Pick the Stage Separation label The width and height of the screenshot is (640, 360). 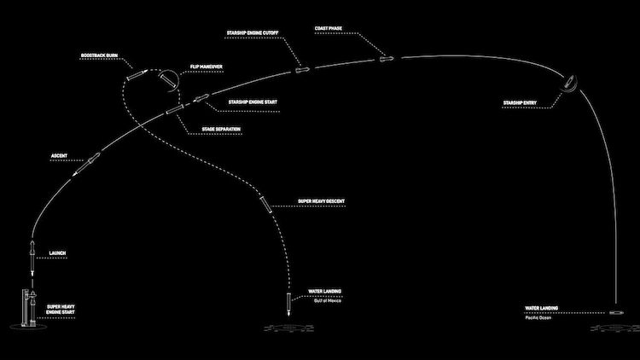[221, 129]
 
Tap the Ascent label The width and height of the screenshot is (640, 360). [60, 156]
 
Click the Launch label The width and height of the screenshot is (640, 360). [58, 253]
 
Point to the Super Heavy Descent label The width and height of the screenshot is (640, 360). [320, 201]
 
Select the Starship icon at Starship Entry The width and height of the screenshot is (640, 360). [570, 86]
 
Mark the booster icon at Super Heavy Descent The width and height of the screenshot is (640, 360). [266, 205]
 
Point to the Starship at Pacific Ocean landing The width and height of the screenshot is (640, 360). [616, 315]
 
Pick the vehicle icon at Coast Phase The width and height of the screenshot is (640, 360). [384, 59]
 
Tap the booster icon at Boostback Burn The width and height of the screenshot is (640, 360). [136, 75]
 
